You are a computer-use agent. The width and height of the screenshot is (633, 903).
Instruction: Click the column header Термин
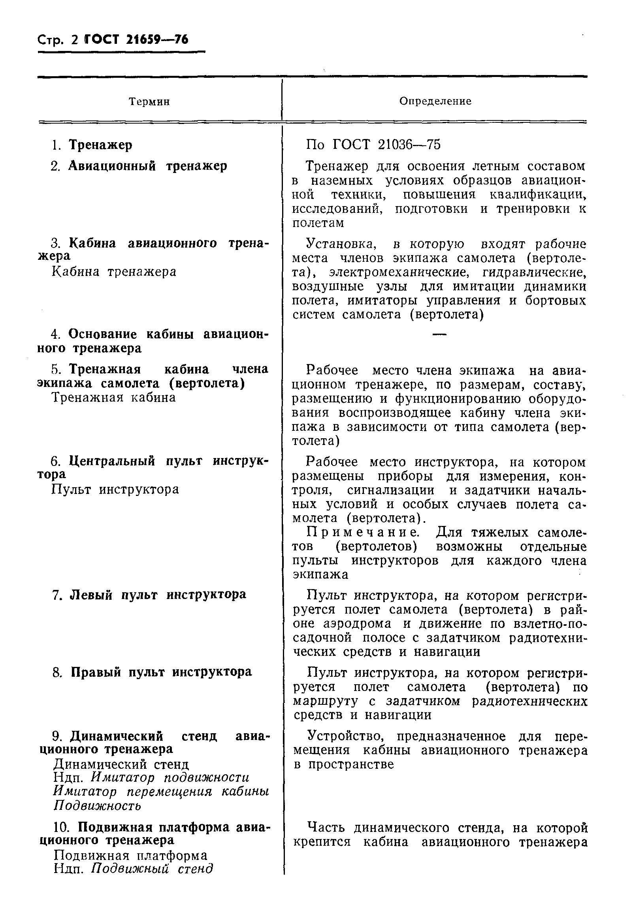(x=150, y=102)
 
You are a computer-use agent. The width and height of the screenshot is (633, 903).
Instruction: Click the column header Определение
(x=435, y=101)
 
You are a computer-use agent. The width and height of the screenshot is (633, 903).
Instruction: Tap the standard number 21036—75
(x=409, y=145)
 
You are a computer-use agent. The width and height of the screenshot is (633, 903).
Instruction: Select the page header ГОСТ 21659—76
(x=137, y=40)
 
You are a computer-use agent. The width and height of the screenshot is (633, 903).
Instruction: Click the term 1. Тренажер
(x=92, y=145)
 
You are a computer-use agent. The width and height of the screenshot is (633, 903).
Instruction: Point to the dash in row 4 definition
(x=439, y=335)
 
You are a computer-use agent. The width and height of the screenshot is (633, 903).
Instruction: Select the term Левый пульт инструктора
(x=158, y=594)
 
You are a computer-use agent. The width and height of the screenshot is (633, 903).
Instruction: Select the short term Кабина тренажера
(x=114, y=272)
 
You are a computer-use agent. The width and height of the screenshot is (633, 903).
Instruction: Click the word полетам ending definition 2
(x=318, y=223)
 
